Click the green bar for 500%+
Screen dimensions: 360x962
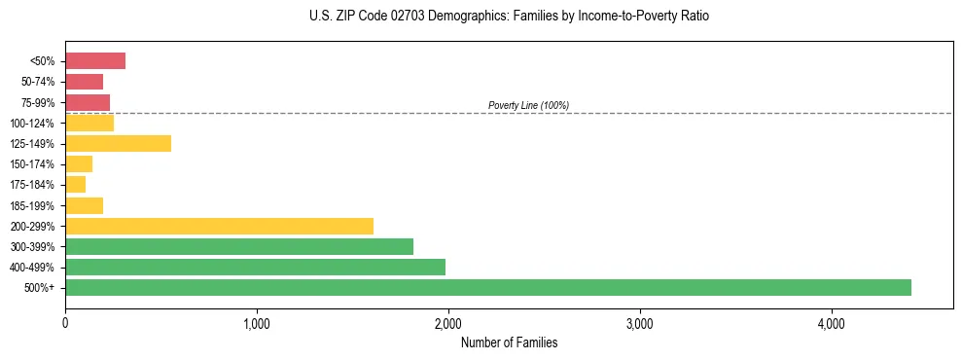pyautogui.click(x=487, y=287)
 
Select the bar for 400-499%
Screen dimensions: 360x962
pyautogui.click(x=255, y=267)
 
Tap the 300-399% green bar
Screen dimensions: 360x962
pyautogui.click(x=238, y=246)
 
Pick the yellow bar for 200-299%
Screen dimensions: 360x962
pyautogui.click(x=219, y=226)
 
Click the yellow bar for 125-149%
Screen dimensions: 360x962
pyautogui.click(x=118, y=143)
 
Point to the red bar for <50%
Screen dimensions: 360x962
pyautogui.click(x=95, y=61)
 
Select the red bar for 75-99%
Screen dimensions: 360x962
pyautogui.click(x=88, y=102)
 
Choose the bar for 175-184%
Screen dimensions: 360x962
pyautogui.click(x=76, y=184)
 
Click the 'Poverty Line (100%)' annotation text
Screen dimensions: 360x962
pyautogui.click(x=528, y=105)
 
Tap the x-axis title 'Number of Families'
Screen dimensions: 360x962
pyautogui.click(x=509, y=343)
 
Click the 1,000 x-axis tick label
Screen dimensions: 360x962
pyautogui.click(x=257, y=324)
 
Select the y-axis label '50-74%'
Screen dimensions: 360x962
pyautogui.click(x=38, y=82)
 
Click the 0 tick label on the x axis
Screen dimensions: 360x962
pyautogui.click(x=65, y=324)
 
